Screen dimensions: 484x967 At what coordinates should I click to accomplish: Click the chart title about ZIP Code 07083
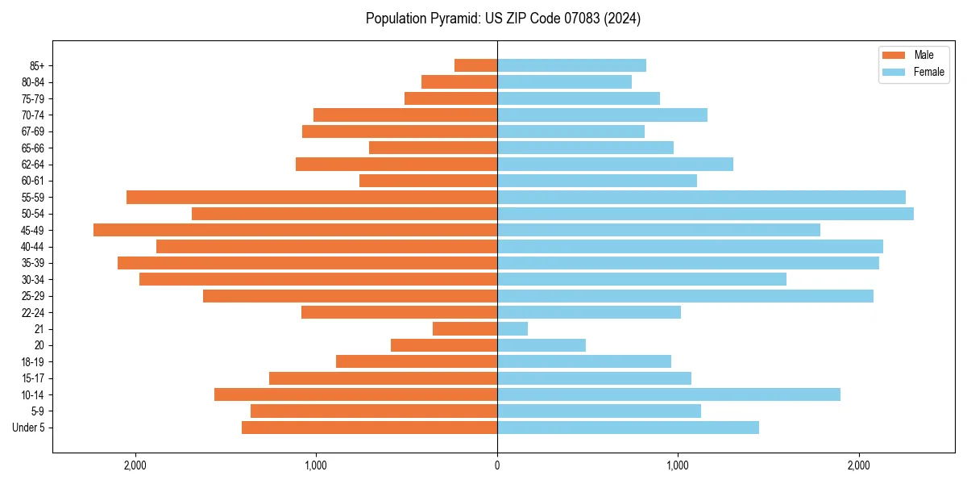pos(503,19)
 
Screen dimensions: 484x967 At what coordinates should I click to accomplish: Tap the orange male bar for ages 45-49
pos(295,230)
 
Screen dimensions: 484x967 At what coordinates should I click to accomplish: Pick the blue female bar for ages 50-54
pos(705,214)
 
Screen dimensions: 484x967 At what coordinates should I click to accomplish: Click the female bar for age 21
pos(513,329)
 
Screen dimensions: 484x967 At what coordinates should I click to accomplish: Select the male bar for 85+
pos(475,65)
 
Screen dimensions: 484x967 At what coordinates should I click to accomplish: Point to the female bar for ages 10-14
pos(669,394)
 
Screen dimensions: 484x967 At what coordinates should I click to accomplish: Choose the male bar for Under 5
pos(369,428)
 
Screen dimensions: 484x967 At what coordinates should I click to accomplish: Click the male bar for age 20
pos(444,345)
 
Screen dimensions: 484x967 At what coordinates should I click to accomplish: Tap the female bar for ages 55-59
pos(701,197)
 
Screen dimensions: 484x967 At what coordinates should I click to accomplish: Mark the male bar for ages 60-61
pos(428,181)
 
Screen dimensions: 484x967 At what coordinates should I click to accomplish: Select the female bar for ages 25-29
pos(685,296)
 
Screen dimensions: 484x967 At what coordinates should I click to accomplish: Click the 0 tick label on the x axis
pos(497,465)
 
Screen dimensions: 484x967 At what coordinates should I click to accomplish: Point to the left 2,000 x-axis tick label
pos(135,465)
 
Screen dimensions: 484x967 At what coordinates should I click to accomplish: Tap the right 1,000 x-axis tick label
pos(678,465)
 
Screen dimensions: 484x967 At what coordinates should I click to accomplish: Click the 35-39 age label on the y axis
pos(32,263)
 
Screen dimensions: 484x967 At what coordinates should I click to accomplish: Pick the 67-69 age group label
pos(32,131)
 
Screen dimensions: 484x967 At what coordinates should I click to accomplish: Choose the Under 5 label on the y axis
pos(29,428)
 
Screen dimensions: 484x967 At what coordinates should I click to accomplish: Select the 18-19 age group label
pos(32,362)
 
